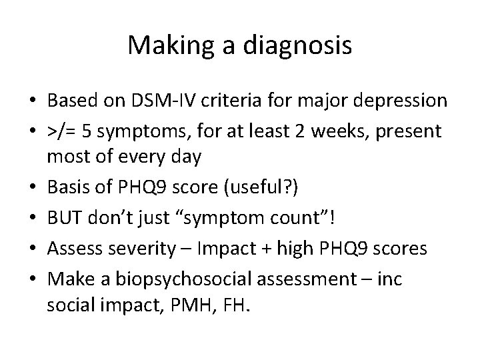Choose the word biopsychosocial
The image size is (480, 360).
coord(177,277)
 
